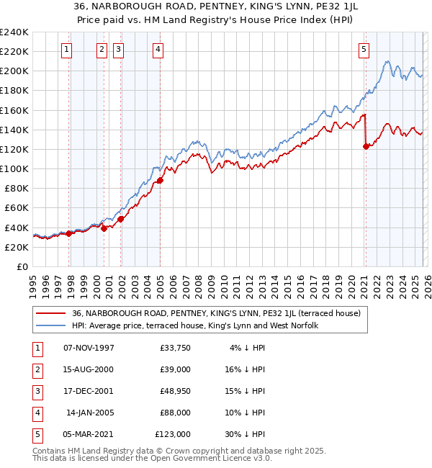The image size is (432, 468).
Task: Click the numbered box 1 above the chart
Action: pos(66,50)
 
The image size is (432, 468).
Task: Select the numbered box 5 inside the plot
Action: pos(364,50)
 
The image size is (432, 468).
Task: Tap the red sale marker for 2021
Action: pos(366,146)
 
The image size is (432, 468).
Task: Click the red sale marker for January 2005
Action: pos(160,180)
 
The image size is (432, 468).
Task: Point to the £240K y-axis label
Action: pos(14,32)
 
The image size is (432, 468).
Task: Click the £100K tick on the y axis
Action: pos(14,168)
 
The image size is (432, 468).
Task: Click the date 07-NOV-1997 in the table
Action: pos(89,348)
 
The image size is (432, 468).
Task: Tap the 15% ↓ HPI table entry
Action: pos(247,391)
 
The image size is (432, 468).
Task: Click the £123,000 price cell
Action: pos(173,434)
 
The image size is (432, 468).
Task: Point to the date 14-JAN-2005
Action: pos(89,413)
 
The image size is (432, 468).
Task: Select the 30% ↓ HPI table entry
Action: pos(247,434)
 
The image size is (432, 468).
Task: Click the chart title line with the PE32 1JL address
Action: pos(215,6)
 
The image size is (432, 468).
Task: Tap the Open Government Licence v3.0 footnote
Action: pos(137,458)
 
